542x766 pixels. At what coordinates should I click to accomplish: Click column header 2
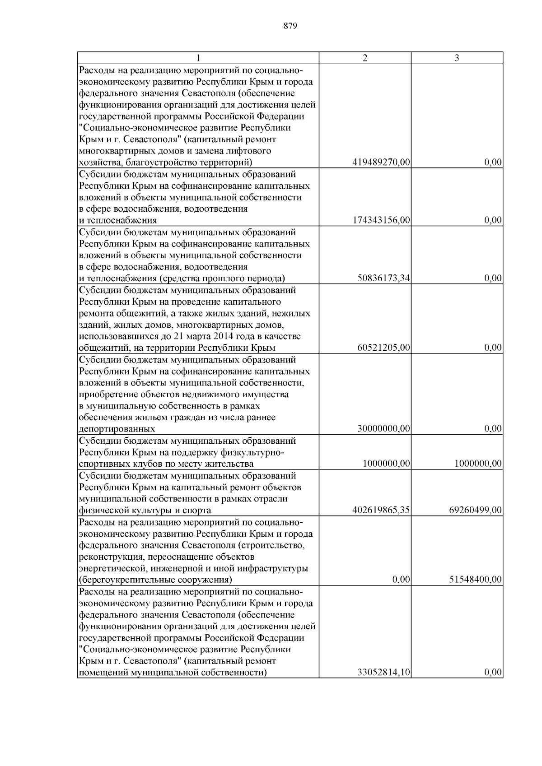365,58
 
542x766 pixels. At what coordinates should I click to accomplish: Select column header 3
457,58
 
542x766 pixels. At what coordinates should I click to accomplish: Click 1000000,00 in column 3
477,464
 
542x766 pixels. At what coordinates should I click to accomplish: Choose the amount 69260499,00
475,511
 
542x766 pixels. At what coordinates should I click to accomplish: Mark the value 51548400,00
475,580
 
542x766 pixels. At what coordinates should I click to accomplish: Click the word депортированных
117,429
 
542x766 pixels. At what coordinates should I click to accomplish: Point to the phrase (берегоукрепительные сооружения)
155,580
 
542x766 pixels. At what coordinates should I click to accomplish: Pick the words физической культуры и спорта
145,511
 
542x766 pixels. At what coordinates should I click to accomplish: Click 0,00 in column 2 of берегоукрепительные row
402,580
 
